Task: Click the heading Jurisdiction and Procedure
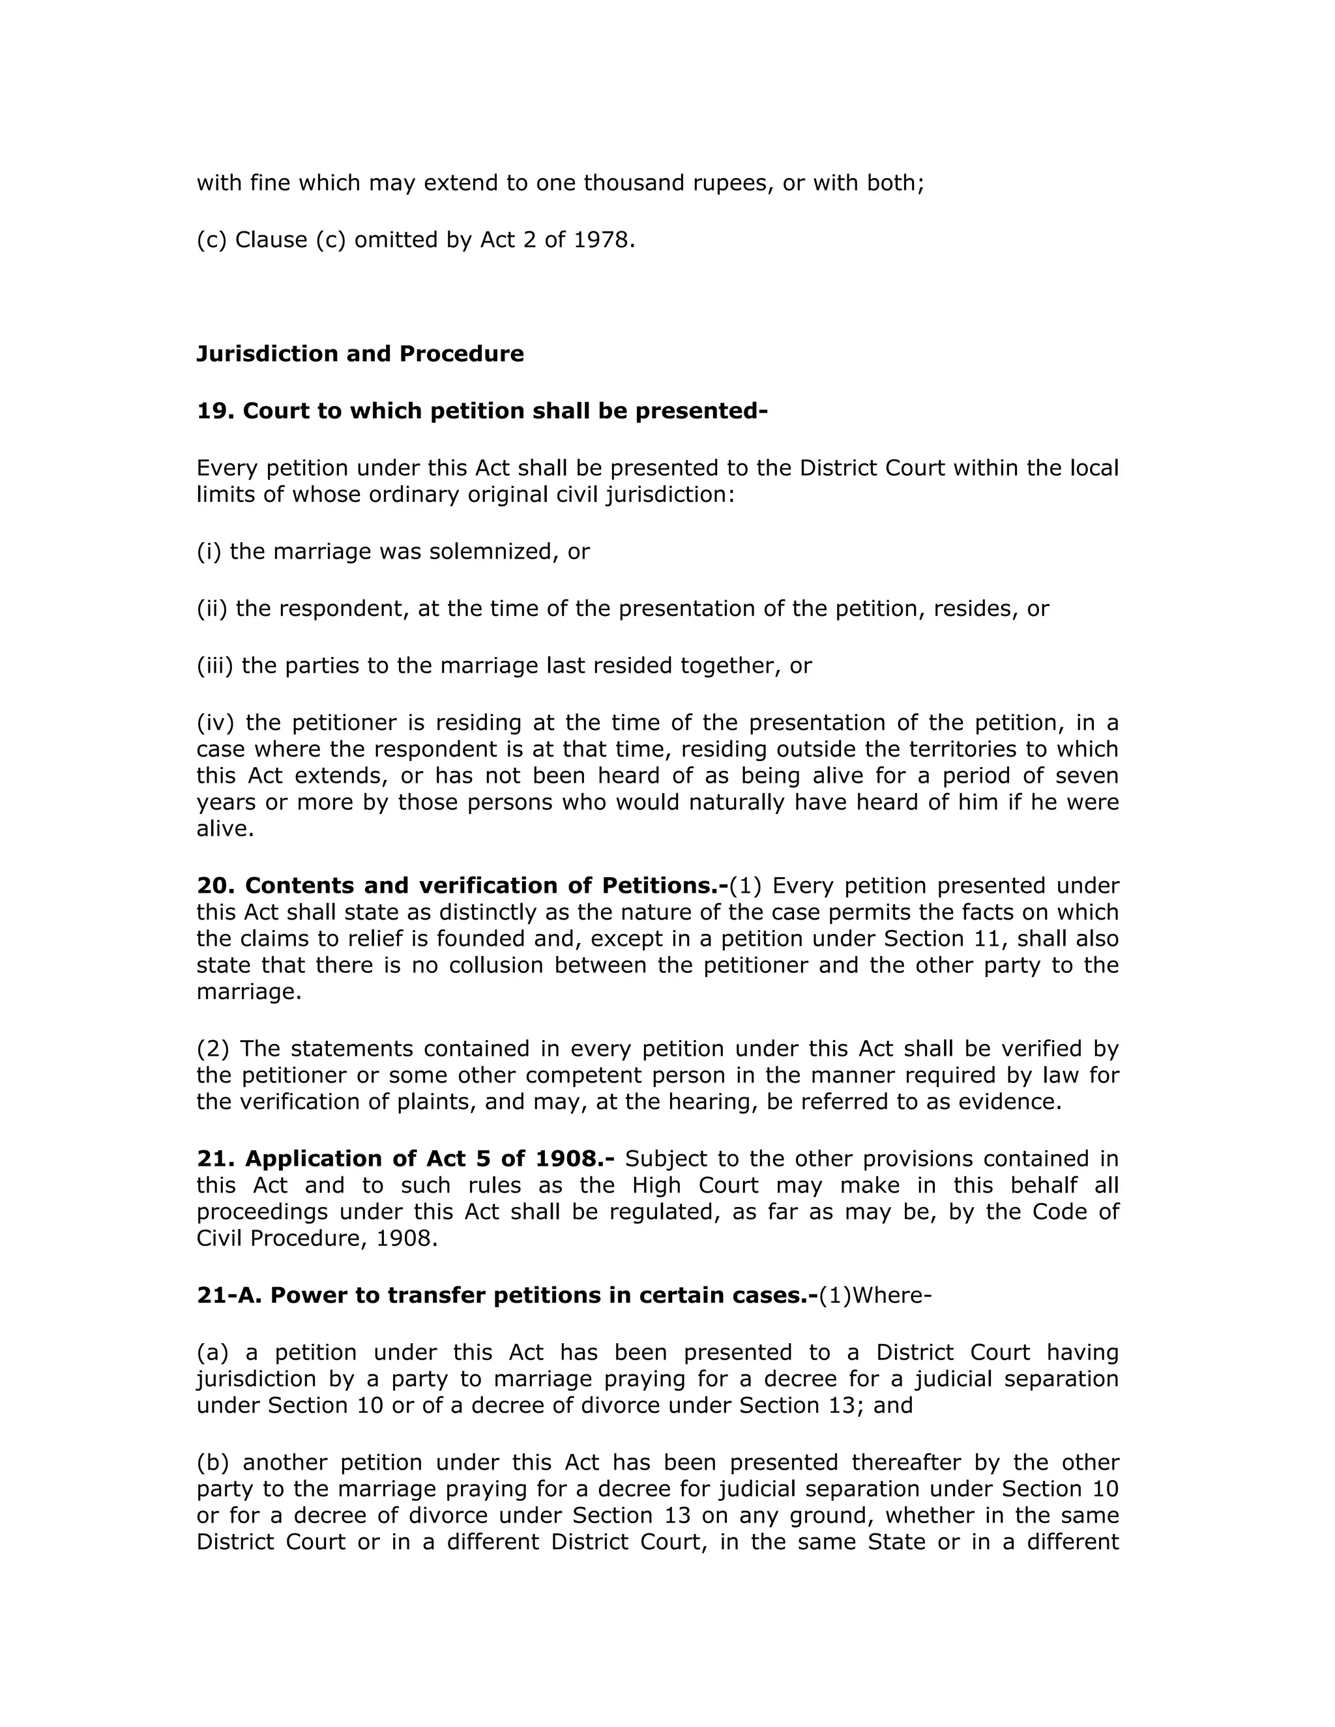(360, 353)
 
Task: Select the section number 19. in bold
(215, 411)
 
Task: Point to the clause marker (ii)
(212, 608)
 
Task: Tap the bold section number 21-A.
(229, 1296)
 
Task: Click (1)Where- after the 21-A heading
(875, 1296)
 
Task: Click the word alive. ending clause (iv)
(226, 829)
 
